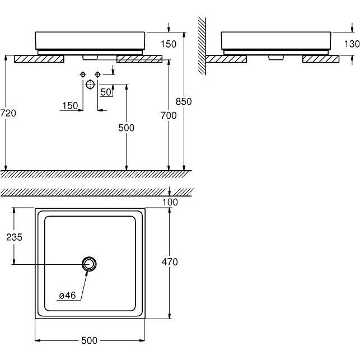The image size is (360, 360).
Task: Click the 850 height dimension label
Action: point(184,101)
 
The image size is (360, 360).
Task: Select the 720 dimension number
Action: point(8,113)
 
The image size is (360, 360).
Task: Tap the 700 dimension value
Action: point(169,115)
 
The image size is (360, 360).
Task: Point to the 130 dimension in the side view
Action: point(352,44)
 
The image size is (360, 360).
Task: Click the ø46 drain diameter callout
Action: point(67,295)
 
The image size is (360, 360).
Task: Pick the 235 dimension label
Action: point(14,237)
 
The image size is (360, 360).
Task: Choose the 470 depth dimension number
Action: point(170,261)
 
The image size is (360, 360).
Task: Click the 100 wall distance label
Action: point(170,202)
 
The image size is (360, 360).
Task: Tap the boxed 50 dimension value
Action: point(106,92)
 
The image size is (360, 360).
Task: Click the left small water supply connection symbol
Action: point(83,74)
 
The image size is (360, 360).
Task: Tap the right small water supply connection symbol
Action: point(98,74)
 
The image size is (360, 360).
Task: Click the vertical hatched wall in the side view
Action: point(202,46)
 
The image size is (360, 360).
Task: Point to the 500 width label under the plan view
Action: point(90,340)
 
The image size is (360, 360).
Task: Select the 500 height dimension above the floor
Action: point(127,128)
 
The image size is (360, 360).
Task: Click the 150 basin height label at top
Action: point(169,44)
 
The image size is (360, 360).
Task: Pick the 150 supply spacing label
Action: point(70,106)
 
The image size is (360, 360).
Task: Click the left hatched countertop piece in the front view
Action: point(39,59)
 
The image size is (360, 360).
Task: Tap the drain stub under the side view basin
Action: point(276,58)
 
